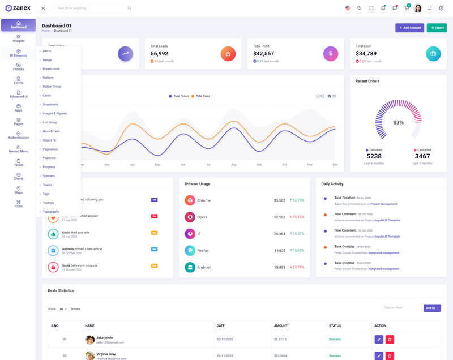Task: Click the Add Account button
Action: tap(409, 27)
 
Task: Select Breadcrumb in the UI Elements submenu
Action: tap(51, 68)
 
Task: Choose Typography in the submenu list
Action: tap(51, 212)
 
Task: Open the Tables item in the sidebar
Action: tap(18, 162)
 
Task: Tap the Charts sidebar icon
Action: tap(18, 176)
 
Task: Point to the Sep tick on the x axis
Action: tap(259, 165)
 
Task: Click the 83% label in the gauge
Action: tap(398, 122)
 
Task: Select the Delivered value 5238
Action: tap(374, 156)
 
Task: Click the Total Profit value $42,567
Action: tap(263, 54)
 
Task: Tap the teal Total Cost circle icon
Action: tap(433, 54)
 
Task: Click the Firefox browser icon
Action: tap(190, 250)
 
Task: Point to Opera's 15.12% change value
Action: tap(297, 217)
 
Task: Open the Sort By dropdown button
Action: tap(432, 308)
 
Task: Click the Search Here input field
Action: tap(401, 308)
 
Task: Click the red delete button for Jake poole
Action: tap(390, 339)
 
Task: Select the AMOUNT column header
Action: tap(281, 325)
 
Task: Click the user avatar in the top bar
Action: tap(418, 8)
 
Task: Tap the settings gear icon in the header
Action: tap(441, 8)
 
